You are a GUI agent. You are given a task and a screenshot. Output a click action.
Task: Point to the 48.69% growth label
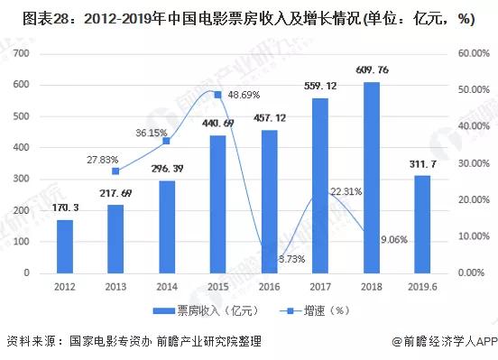[244, 94]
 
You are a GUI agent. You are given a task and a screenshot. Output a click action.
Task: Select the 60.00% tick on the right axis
[473, 54]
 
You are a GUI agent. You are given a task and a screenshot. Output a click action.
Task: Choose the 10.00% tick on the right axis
[473, 236]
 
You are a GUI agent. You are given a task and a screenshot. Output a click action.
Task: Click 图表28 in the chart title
[28, 20]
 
